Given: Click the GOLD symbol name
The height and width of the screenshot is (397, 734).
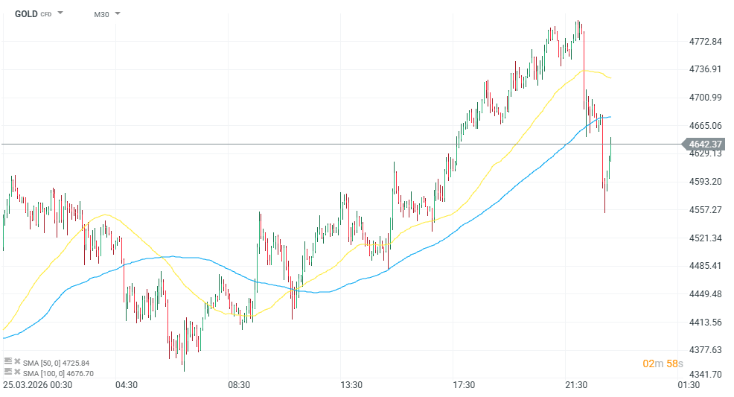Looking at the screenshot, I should tap(27, 13).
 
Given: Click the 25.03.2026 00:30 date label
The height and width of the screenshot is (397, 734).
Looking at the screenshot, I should tap(37, 385).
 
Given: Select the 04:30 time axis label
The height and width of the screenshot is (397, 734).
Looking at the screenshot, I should tap(126, 385).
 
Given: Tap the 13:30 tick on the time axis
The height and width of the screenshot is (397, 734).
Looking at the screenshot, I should tap(351, 385).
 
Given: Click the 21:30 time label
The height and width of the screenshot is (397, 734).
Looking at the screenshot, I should tap(576, 385).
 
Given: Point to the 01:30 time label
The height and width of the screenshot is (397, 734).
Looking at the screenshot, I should tap(689, 385).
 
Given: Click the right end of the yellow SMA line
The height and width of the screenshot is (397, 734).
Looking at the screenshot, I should tap(612, 78).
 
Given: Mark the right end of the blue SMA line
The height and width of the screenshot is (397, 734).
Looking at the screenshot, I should tap(611, 117).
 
